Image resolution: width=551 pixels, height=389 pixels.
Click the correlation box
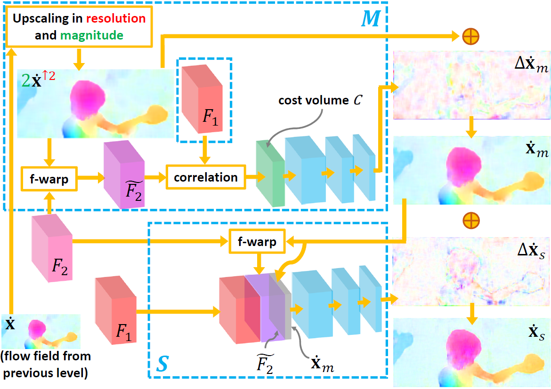[205, 177]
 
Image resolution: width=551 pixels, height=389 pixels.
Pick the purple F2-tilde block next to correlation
[124, 175]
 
